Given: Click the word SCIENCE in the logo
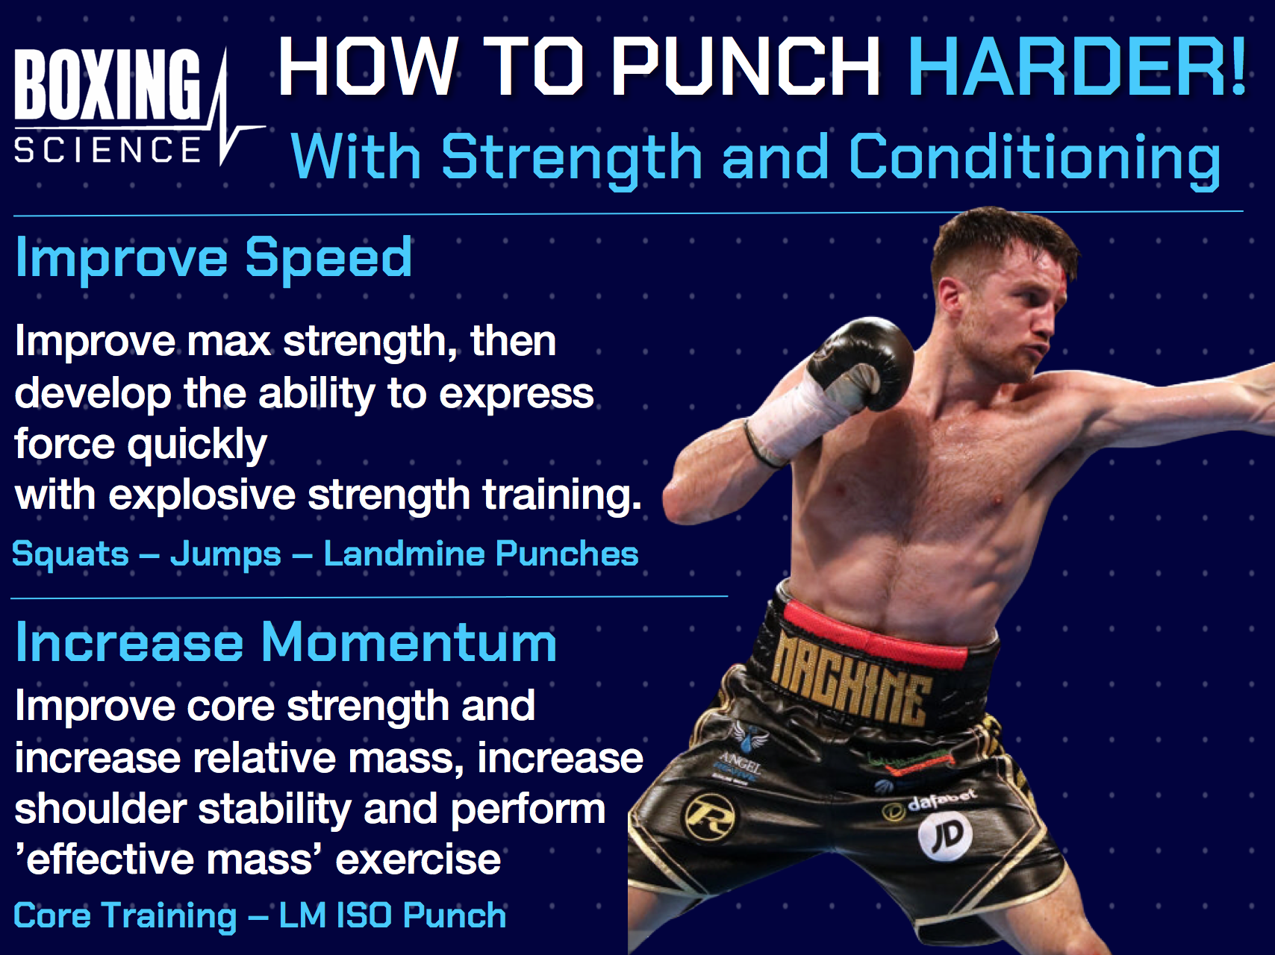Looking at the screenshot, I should pyautogui.click(x=107, y=149).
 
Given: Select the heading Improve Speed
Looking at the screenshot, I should pyautogui.click(x=213, y=257).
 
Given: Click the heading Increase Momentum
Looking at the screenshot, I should pyautogui.click(x=286, y=642).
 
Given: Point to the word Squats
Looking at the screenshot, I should pyautogui.click(x=71, y=554).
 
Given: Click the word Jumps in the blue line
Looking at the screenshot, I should pyautogui.click(x=225, y=554).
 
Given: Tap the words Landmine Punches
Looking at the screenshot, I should pyautogui.click(x=481, y=554).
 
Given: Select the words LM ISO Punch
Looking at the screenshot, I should pyautogui.click(x=393, y=915).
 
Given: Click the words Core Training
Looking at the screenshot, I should pyautogui.click(x=125, y=915).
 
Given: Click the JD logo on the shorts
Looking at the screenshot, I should pyautogui.click(x=945, y=835).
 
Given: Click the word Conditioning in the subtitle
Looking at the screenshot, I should pyautogui.click(x=1035, y=158).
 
